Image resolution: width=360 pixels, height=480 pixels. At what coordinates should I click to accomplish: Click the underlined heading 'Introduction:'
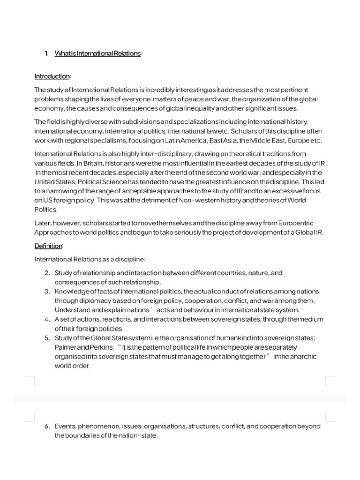(52, 76)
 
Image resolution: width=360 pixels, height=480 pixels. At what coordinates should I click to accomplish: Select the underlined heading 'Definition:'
(49, 246)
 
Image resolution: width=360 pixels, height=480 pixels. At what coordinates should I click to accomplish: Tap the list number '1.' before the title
(47, 53)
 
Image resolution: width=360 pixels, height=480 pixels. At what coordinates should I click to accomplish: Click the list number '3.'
(47, 292)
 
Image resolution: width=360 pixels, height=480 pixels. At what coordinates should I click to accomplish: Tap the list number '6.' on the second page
(47, 427)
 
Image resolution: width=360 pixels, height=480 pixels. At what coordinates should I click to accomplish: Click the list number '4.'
(47, 319)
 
